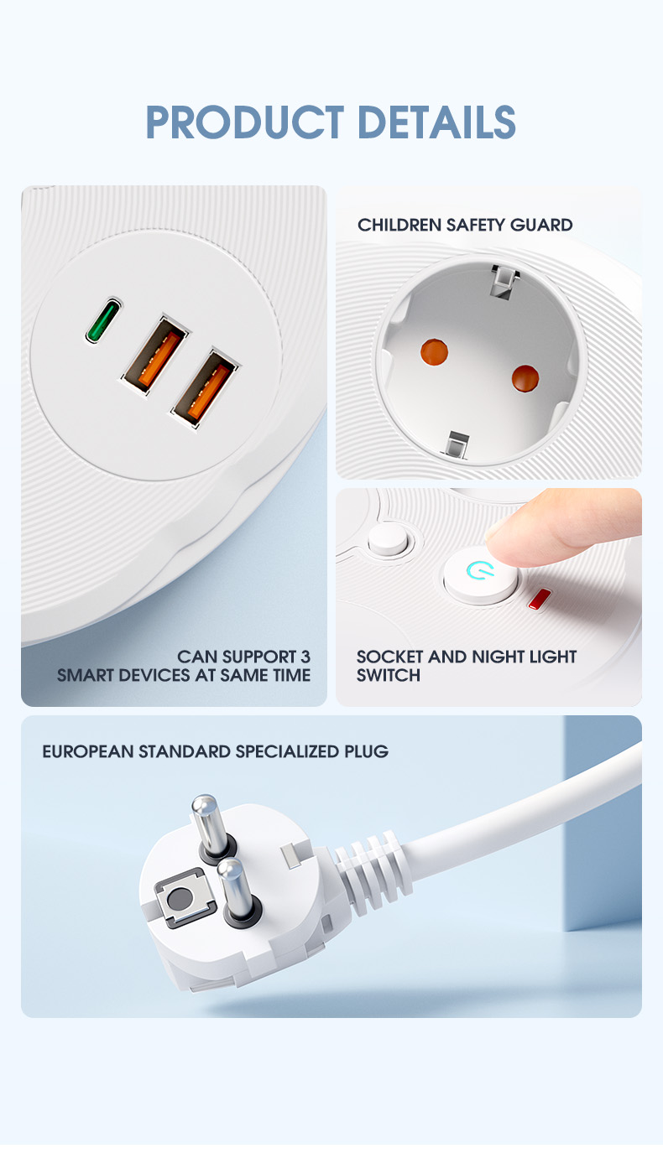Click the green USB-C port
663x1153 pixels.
[103, 319]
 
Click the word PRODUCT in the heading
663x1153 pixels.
[245, 122]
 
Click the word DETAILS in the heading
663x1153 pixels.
[436, 122]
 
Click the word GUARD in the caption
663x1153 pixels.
[541, 225]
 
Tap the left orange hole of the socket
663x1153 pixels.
[434, 352]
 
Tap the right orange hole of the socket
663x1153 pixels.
[525, 378]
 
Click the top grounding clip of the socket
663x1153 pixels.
[504, 281]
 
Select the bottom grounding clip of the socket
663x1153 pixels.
[457, 444]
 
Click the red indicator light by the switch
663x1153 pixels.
[540, 599]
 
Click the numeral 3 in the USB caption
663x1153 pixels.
[305, 657]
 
